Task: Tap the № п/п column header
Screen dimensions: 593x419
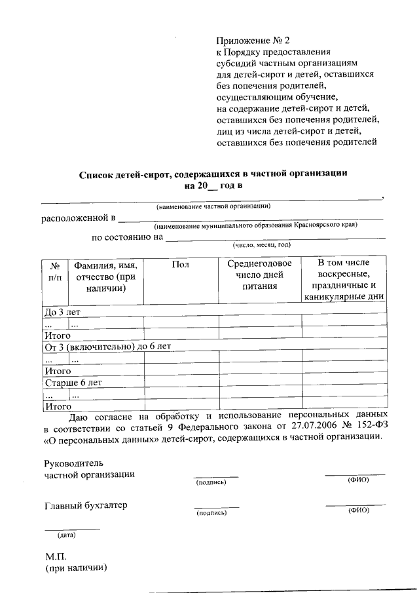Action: (56, 271)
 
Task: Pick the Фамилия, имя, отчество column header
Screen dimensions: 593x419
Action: (105, 275)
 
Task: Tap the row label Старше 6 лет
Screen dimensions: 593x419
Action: (73, 382)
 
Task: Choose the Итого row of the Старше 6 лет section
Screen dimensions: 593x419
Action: (57, 406)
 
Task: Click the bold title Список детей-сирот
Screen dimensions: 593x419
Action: (213, 174)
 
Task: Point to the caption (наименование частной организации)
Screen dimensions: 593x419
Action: (213, 206)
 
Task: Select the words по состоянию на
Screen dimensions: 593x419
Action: (126, 237)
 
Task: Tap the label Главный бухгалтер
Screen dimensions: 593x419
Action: (86, 505)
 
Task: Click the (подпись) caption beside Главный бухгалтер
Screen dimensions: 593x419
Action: (211, 514)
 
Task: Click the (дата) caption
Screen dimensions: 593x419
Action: (66, 535)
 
